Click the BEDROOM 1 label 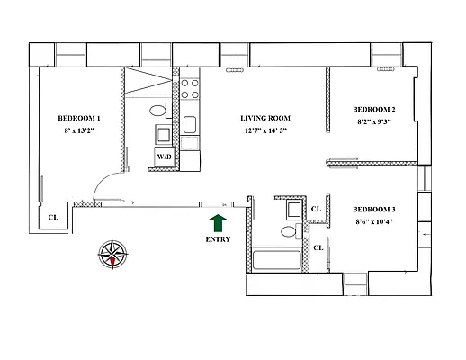[x=78, y=118]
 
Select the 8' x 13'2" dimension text [x=78, y=131]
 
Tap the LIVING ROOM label [x=264, y=118]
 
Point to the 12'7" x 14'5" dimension [x=264, y=131]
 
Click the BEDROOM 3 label [x=374, y=210]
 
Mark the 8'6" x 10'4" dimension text [x=374, y=222]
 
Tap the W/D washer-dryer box [x=165, y=157]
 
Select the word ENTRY [x=217, y=239]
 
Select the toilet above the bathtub [x=289, y=232]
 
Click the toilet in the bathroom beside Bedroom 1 [x=158, y=112]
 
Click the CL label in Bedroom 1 [x=53, y=217]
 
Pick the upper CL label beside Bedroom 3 [x=316, y=210]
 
